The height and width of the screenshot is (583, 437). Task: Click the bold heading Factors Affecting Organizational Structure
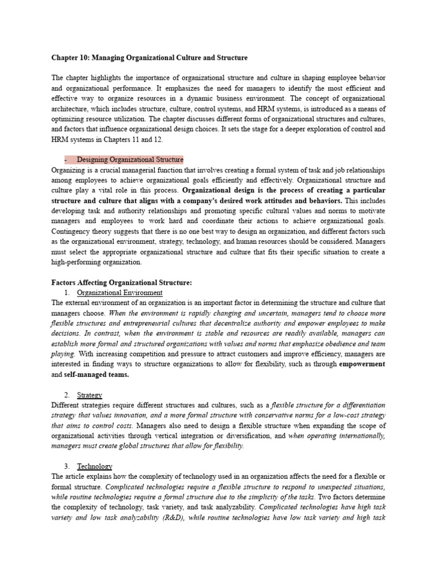click(122, 282)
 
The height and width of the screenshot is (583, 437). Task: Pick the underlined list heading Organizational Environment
click(119, 293)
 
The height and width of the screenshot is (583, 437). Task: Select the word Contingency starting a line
click(72, 231)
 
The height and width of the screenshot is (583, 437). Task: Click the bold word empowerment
click(362, 364)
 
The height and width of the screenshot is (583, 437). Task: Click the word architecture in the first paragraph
click(71, 109)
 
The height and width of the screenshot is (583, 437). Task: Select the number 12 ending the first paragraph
click(149, 139)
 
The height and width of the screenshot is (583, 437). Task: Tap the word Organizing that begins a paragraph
click(68, 170)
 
